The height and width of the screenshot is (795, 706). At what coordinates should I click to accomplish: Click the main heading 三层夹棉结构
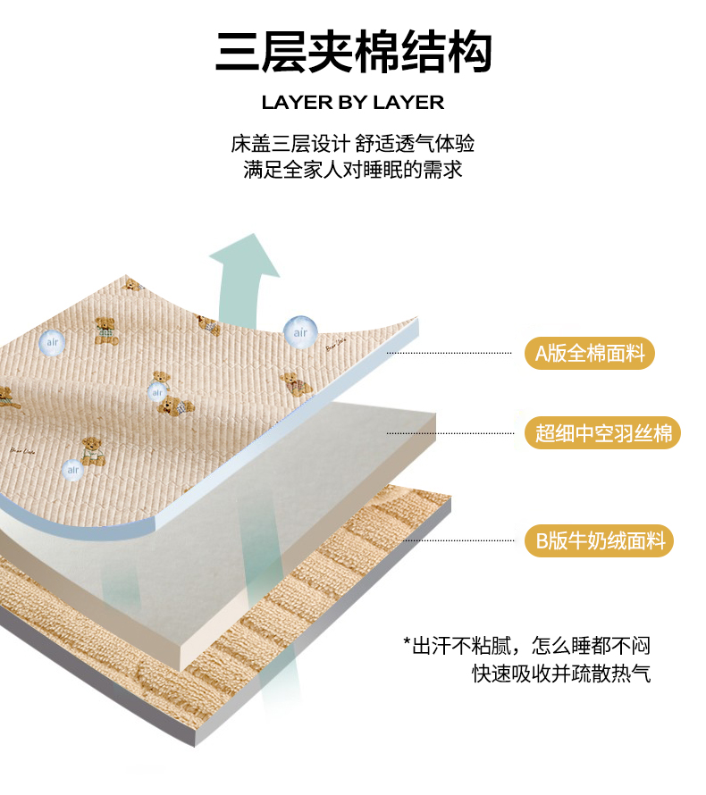[x=354, y=52]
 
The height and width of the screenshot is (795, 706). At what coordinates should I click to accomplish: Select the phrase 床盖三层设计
[x=290, y=144]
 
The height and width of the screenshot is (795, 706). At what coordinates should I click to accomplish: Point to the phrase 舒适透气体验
[x=415, y=144]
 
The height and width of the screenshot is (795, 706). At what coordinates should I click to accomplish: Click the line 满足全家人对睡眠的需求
[x=353, y=170]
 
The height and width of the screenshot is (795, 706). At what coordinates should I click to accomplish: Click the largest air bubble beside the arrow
[x=300, y=332]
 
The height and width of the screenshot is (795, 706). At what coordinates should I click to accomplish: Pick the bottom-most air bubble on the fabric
[x=73, y=470]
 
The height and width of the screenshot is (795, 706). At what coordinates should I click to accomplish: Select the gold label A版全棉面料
[x=589, y=353]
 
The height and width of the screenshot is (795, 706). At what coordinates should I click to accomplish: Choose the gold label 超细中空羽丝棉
[x=602, y=433]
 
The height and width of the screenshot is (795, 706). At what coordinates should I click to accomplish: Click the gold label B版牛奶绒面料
[x=599, y=540]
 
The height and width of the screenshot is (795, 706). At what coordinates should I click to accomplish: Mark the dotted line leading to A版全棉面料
[x=450, y=353]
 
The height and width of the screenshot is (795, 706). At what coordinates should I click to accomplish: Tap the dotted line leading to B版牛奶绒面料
[x=459, y=540]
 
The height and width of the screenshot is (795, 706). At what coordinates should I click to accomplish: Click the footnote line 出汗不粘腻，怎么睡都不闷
[x=526, y=646]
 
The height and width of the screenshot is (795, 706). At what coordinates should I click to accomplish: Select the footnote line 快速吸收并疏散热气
[x=561, y=674]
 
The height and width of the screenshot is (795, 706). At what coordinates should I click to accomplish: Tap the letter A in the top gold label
[x=542, y=354]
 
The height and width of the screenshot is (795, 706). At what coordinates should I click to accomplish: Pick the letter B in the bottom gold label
[x=542, y=541]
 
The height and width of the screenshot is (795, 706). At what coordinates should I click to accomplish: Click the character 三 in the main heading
[x=238, y=52]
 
